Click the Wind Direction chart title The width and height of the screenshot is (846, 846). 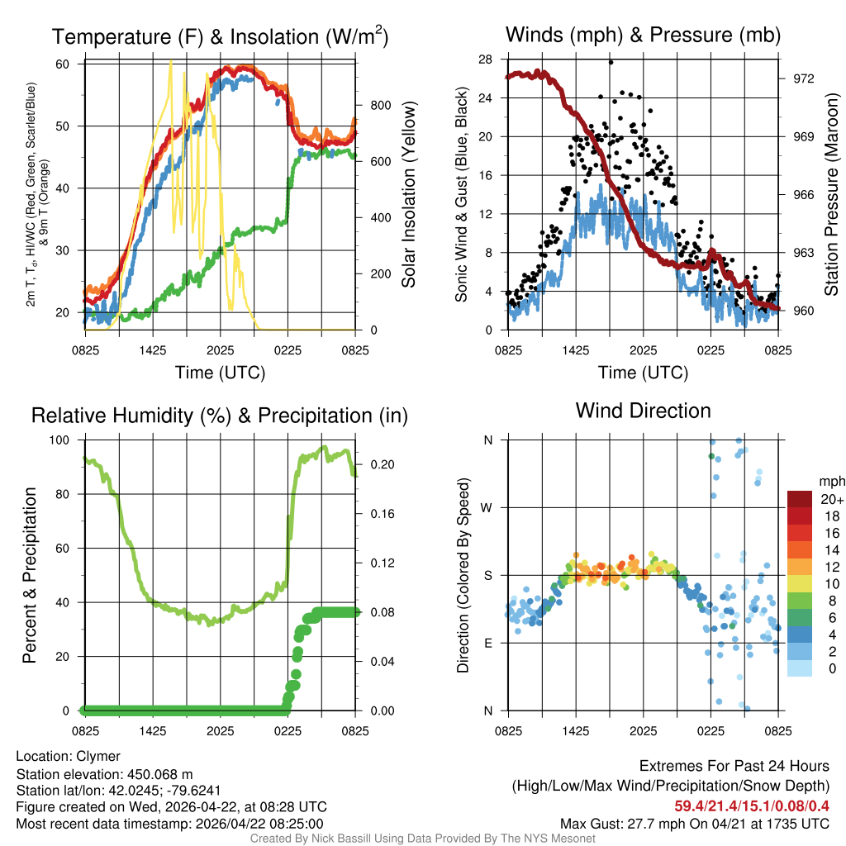coord(643,411)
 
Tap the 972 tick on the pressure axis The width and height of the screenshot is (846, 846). coord(804,78)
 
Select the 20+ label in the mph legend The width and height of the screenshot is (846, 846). coord(832,499)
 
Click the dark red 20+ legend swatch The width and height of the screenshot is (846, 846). coord(799,498)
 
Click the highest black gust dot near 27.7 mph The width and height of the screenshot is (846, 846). coord(611,62)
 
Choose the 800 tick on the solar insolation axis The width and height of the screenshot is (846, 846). coord(380,105)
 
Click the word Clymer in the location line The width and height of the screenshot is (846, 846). coord(98,757)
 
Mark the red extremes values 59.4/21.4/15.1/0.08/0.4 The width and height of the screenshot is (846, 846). coord(752,805)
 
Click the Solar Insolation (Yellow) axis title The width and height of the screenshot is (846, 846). coord(409,195)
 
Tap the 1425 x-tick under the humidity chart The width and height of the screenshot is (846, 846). coord(153,731)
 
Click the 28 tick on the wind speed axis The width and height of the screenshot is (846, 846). coord(486,59)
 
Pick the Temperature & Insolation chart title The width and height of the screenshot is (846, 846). coord(220,36)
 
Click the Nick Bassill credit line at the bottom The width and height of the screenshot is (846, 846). coord(422,839)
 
